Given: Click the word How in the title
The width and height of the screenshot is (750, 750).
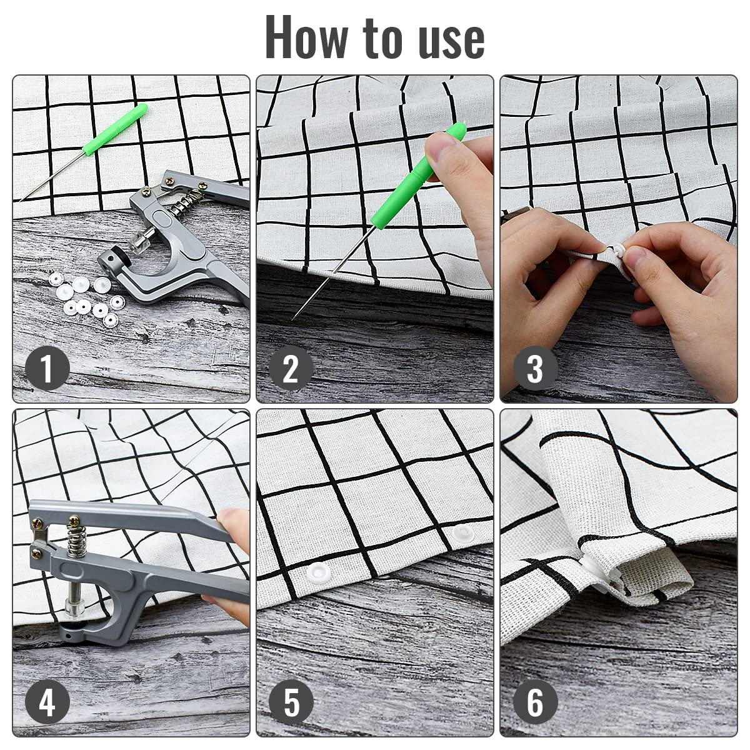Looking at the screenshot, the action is coord(306,37).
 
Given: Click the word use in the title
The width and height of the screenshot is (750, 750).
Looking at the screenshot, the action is coord(452,42).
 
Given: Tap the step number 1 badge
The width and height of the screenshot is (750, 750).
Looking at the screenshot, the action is coord(47,367).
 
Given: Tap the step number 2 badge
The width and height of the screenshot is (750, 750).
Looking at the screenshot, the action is coord(291,367).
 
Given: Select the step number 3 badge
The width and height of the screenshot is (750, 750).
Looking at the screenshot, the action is coord(535,367).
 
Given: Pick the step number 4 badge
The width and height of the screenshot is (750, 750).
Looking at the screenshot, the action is coord(47,702).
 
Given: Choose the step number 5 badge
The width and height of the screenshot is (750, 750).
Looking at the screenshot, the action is coord(291,702).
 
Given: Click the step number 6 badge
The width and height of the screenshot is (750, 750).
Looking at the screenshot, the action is coord(535,702).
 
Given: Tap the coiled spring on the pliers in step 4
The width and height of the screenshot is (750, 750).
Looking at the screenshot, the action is coord(76,540).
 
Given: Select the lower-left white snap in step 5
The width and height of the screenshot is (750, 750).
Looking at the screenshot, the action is coord(318,572).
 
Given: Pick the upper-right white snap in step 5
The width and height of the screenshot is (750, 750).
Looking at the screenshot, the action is coord(463,532).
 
